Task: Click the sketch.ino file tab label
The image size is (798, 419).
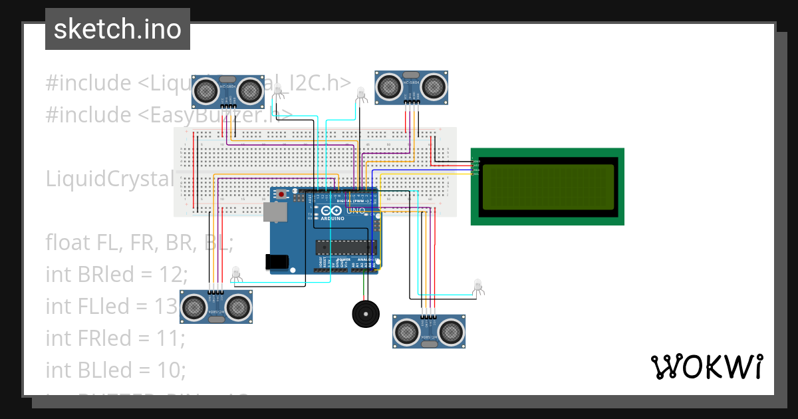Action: tap(117, 29)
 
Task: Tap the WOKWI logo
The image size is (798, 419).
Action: tap(706, 366)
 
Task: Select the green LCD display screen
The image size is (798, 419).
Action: tap(547, 186)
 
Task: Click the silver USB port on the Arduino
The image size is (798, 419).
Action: tap(274, 212)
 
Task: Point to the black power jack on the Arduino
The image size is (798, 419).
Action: tap(277, 262)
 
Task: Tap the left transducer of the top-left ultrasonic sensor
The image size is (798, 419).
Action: tap(205, 88)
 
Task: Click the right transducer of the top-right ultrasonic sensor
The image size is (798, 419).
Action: tap(434, 85)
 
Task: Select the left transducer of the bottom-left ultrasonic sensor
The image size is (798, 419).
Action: tap(195, 307)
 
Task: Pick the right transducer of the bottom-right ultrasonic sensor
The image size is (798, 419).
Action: tap(451, 331)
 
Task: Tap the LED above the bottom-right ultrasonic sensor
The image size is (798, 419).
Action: tap(477, 286)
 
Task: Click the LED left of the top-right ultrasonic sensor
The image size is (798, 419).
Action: tap(361, 94)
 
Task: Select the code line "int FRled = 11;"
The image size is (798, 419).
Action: tap(115, 338)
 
